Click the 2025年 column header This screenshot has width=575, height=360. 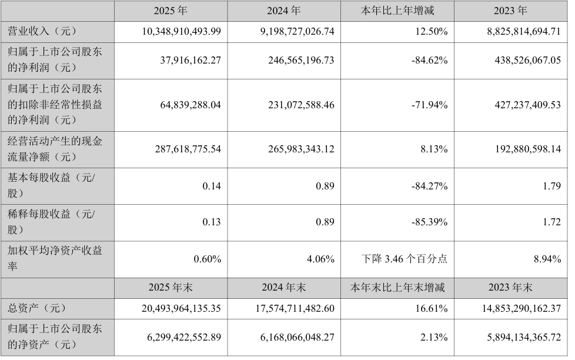point(169,10)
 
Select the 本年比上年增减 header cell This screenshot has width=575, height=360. point(398,10)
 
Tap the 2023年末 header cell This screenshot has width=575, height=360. point(511,288)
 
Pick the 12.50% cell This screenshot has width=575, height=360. point(433,31)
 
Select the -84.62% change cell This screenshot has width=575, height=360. point(430,60)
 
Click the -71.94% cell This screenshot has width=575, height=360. point(430,105)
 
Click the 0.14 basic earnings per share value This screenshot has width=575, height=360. point(212,186)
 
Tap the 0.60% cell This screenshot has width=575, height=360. point(208,259)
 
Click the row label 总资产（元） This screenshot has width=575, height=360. point(35,308)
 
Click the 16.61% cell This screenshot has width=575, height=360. point(433,308)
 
